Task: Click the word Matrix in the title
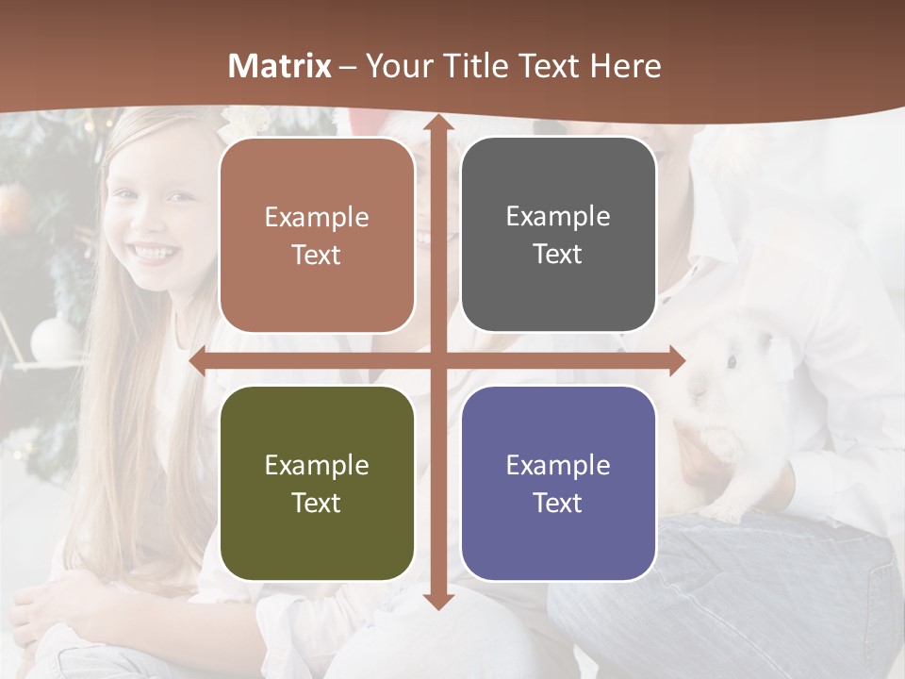click(279, 66)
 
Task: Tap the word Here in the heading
click(625, 66)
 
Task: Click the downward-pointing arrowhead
click(437, 600)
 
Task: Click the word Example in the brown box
click(317, 218)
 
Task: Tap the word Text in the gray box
click(558, 255)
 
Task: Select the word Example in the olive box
click(317, 465)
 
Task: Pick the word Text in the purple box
click(558, 503)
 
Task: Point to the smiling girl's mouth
click(155, 253)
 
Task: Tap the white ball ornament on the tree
click(52, 337)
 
